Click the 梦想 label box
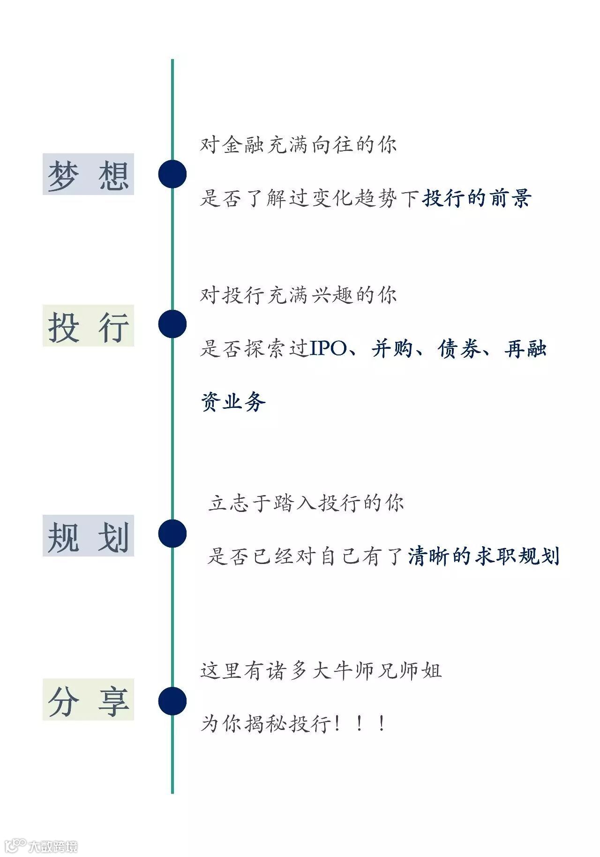click(88, 174)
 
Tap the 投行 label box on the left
click(88, 325)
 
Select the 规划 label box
click(88, 535)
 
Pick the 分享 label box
click(88, 699)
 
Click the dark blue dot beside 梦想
click(172, 174)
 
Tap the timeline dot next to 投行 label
click(172, 324)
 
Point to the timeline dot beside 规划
click(172, 534)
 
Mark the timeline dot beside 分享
click(172, 701)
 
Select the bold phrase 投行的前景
click(477, 198)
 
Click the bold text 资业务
click(233, 402)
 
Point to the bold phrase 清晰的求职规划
click(484, 556)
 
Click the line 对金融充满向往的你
click(298, 144)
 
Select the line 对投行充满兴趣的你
click(298, 295)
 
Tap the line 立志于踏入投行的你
click(306, 504)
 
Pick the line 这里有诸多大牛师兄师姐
click(321, 670)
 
